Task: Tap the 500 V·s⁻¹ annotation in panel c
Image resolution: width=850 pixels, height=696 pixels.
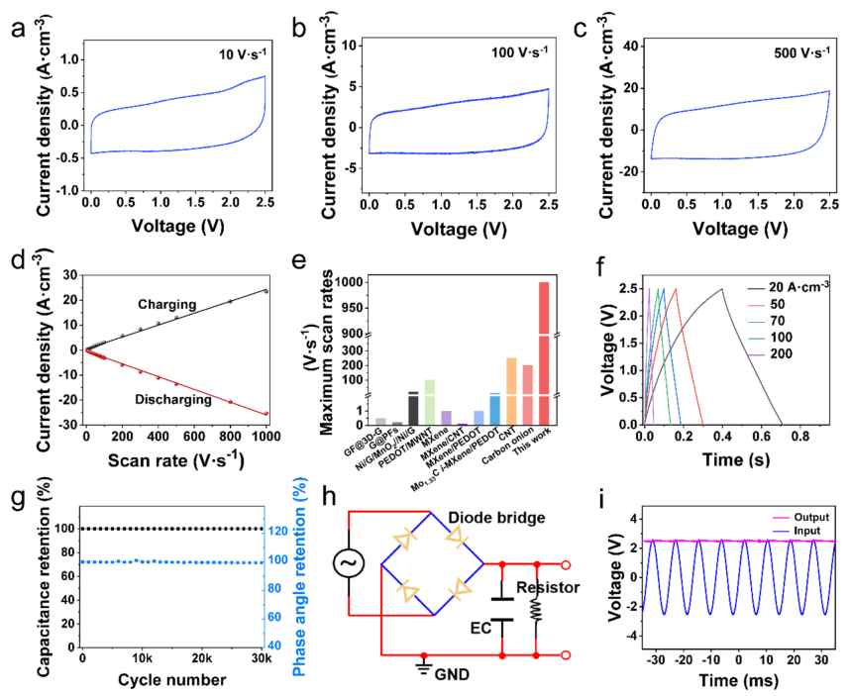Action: click(798, 50)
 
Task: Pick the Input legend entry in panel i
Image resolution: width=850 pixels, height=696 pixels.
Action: click(804, 531)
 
